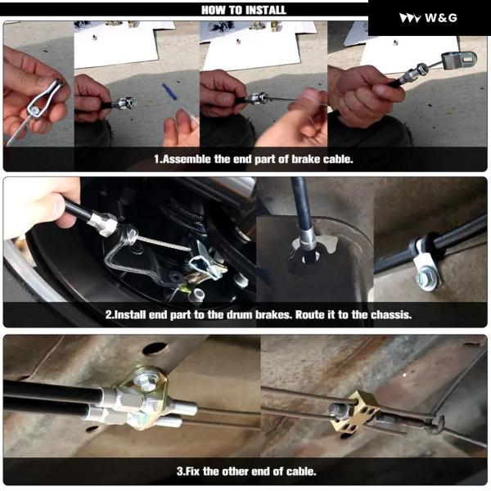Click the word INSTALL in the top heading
(265, 10)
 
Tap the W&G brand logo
(428, 18)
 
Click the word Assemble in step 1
(187, 159)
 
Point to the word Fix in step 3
(193, 471)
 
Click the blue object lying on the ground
(170, 91)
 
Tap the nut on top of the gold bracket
(146, 380)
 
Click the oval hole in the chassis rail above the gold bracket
(155, 349)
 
